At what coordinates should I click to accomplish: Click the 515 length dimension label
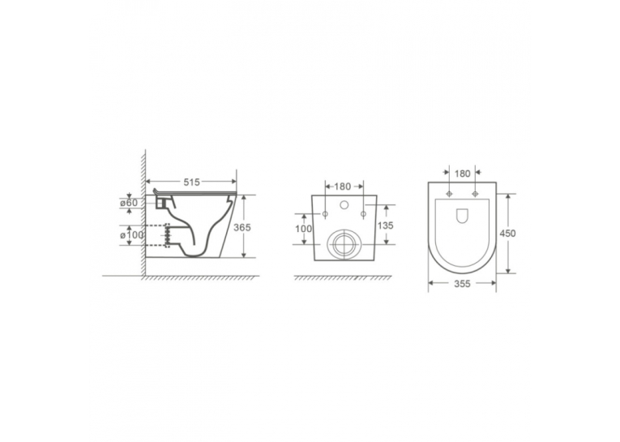coord(191,182)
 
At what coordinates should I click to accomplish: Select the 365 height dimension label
coord(242,228)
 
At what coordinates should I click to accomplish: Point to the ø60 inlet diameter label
coord(129,203)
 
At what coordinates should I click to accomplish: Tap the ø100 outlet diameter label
coord(131,234)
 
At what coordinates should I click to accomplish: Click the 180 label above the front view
coord(343,186)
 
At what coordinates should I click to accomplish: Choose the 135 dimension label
coord(385,225)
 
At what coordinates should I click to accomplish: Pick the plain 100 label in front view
coord(304,229)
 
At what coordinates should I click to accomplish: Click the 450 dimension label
coord(507,234)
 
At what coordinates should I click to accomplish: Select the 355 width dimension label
coord(462,284)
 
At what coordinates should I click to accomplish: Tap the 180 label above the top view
coord(462,174)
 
